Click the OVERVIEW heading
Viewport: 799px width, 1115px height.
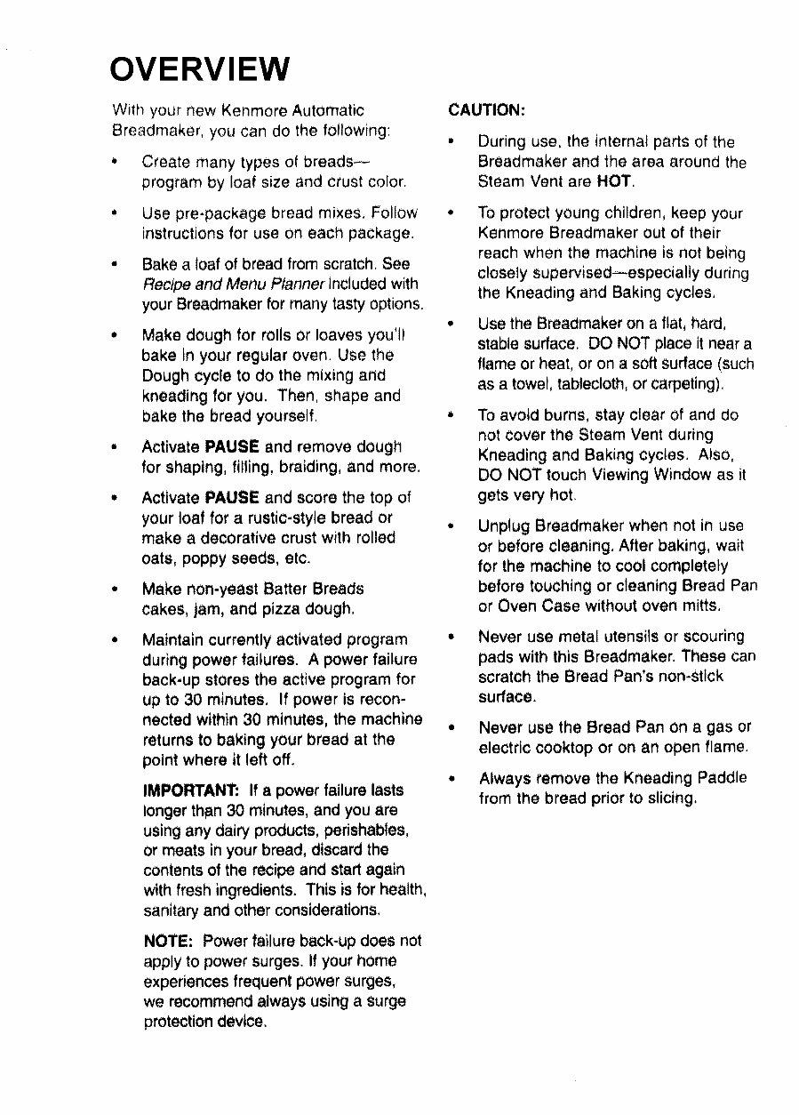pos(200,68)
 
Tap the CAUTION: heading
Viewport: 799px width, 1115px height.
pos(487,110)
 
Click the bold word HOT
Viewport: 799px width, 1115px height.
pos(614,181)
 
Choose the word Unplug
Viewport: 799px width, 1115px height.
pos(505,525)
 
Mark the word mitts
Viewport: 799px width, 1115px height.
pos(699,606)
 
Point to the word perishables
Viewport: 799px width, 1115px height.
pos(365,830)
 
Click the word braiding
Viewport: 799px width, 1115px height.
pos(308,467)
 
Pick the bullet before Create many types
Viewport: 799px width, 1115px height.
pos(116,163)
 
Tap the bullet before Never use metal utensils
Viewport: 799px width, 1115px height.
pos(452,637)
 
